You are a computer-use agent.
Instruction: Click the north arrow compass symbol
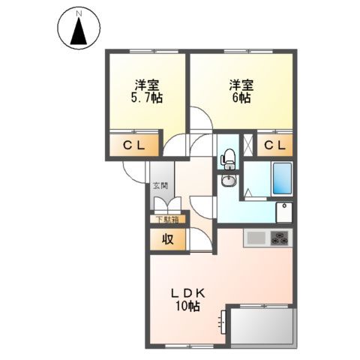click(77, 30)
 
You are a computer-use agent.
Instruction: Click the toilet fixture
click(229, 157)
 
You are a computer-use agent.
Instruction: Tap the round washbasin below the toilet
click(228, 182)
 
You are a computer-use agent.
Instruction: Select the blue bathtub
click(281, 179)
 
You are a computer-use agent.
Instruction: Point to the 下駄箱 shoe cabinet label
click(167, 220)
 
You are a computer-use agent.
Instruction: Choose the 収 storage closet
click(166, 240)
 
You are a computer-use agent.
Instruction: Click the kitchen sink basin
click(256, 238)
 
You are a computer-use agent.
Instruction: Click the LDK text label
click(187, 293)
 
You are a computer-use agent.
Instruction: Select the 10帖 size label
click(187, 307)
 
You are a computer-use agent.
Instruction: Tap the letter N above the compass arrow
click(77, 13)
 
